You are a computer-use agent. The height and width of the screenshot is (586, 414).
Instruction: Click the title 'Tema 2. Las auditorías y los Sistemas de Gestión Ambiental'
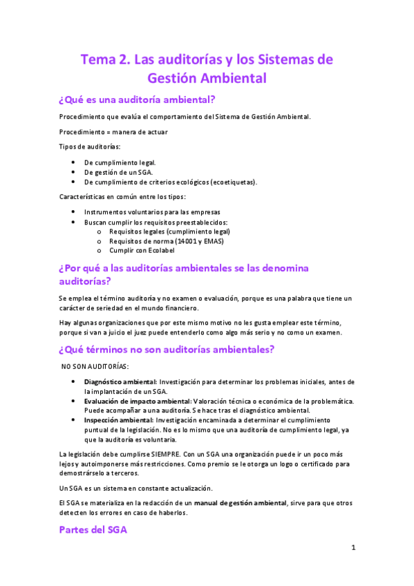click(207, 68)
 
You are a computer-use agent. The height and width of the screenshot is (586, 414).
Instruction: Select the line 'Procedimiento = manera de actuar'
click(113, 131)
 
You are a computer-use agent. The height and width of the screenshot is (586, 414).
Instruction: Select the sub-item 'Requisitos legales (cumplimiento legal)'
click(168, 231)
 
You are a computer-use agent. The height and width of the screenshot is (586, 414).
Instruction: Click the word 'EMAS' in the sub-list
click(213, 241)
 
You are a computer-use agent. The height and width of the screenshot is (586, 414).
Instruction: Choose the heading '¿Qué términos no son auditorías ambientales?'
click(167, 349)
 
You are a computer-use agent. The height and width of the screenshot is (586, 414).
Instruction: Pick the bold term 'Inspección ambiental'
click(118, 420)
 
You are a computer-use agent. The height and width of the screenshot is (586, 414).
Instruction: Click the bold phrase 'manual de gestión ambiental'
click(239, 502)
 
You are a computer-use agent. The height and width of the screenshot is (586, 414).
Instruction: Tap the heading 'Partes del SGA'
click(93, 530)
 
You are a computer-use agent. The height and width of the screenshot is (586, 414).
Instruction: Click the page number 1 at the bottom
click(353, 547)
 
